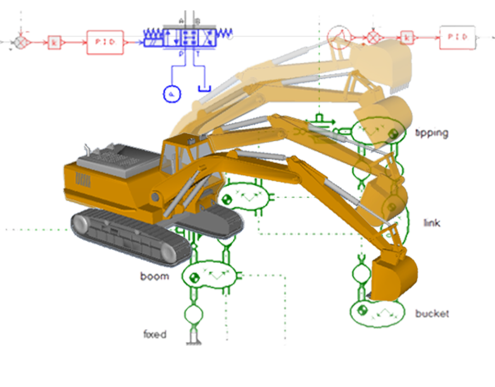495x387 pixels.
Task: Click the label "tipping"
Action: click(x=432, y=133)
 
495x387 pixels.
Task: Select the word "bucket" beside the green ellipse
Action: click(x=432, y=314)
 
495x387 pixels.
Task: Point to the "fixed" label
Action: click(x=154, y=334)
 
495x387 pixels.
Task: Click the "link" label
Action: click(x=432, y=223)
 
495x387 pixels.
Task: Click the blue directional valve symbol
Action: click(x=189, y=37)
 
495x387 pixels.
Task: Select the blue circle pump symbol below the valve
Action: click(x=172, y=93)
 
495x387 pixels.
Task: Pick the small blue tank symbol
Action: click(x=204, y=87)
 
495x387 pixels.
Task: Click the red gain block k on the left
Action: click(x=54, y=41)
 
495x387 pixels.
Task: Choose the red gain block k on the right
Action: click(x=406, y=37)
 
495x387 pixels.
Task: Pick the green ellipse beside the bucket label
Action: click(x=372, y=312)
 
